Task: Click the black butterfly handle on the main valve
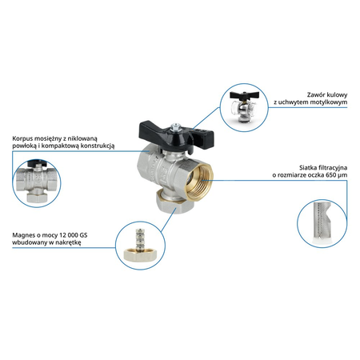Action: (176, 134)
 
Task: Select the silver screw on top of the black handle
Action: (175, 126)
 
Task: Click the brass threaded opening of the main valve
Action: (200, 180)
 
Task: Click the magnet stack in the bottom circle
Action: (138, 239)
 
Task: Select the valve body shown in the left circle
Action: (37, 182)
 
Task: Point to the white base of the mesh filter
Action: (322, 242)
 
